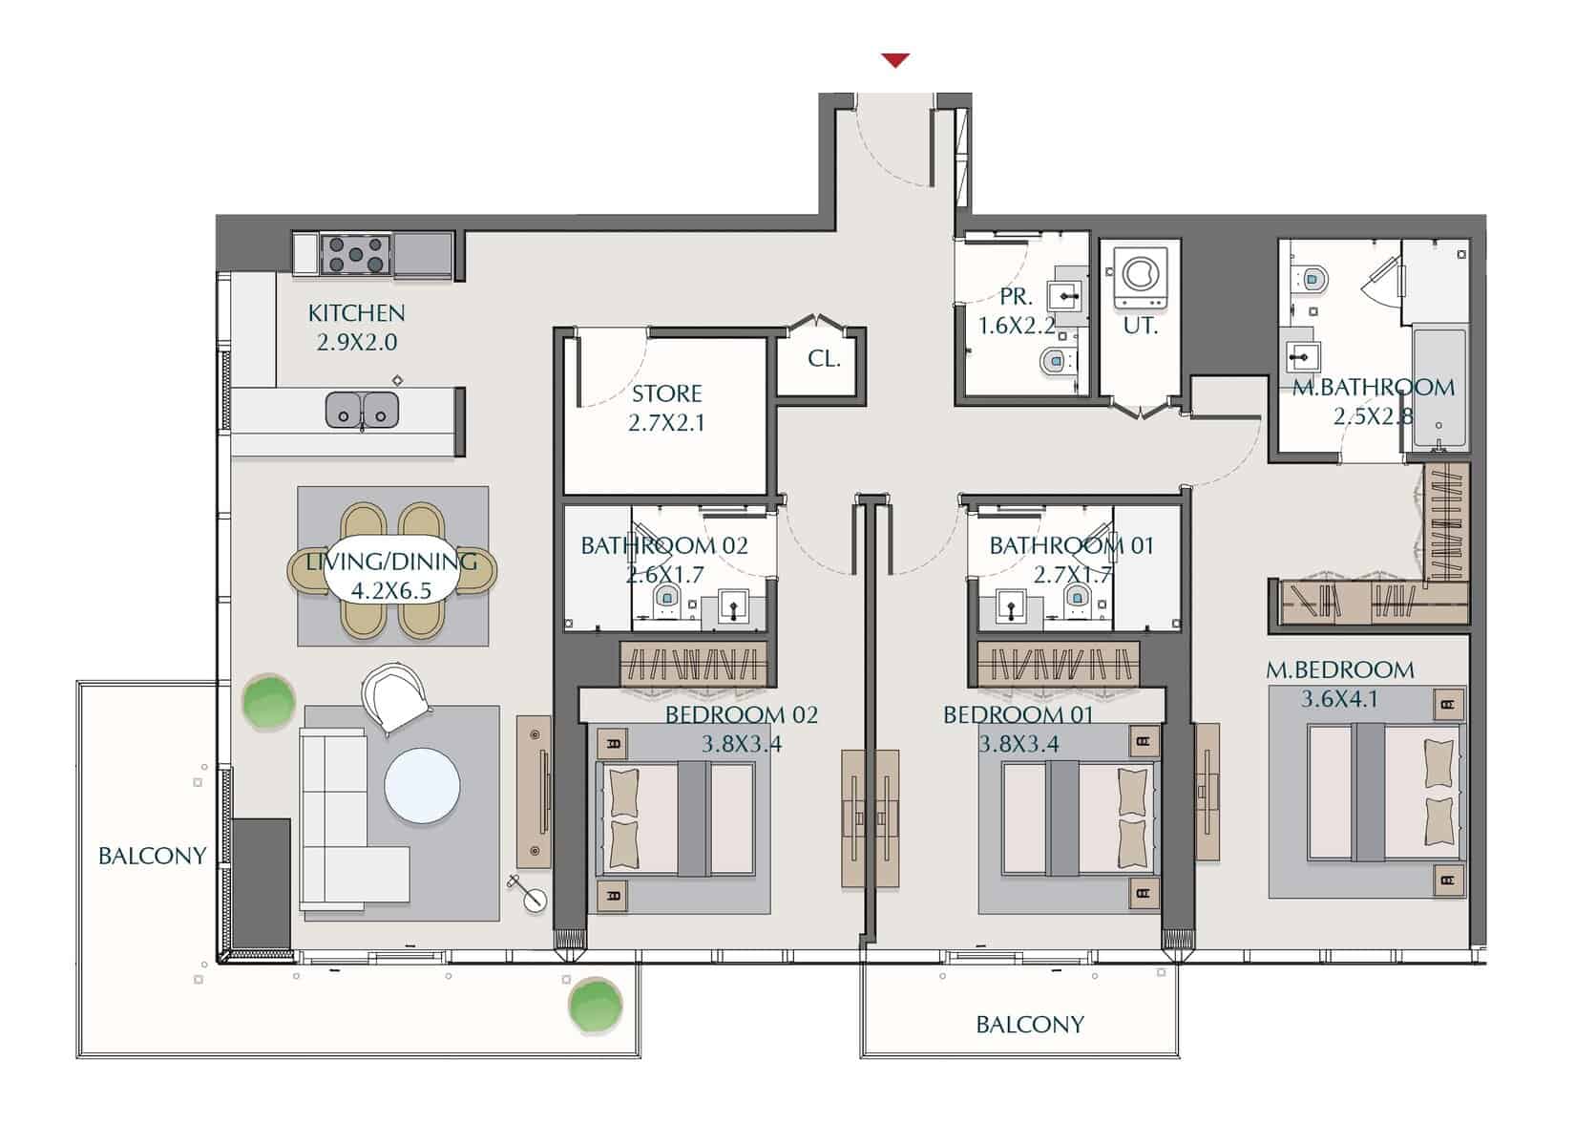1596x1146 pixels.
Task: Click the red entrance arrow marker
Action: [x=895, y=60]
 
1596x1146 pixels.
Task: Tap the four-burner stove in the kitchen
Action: [x=355, y=254]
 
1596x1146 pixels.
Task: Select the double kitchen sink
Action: [x=362, y=410]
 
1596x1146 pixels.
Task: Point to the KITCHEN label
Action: [x=356, y=313]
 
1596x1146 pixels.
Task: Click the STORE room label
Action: [x=667, y=393]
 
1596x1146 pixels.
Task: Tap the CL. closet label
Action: [x=824, y=358]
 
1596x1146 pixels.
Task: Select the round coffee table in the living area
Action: [x=422, y=785]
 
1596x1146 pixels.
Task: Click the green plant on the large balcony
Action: [x=595, y=1006]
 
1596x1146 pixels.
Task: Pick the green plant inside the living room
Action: [x=268, y=702]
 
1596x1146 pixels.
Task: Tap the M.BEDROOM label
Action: [x=1339, y=669]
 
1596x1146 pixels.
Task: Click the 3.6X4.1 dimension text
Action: [x=1339, y=699]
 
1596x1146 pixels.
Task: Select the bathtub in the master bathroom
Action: [x=1439, y=388]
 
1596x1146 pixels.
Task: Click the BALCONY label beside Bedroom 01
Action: [x=1030, y=1024]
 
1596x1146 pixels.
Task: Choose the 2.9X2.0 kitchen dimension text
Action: [x=357, y=342]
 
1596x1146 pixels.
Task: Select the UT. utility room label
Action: [x=1140, y=326]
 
